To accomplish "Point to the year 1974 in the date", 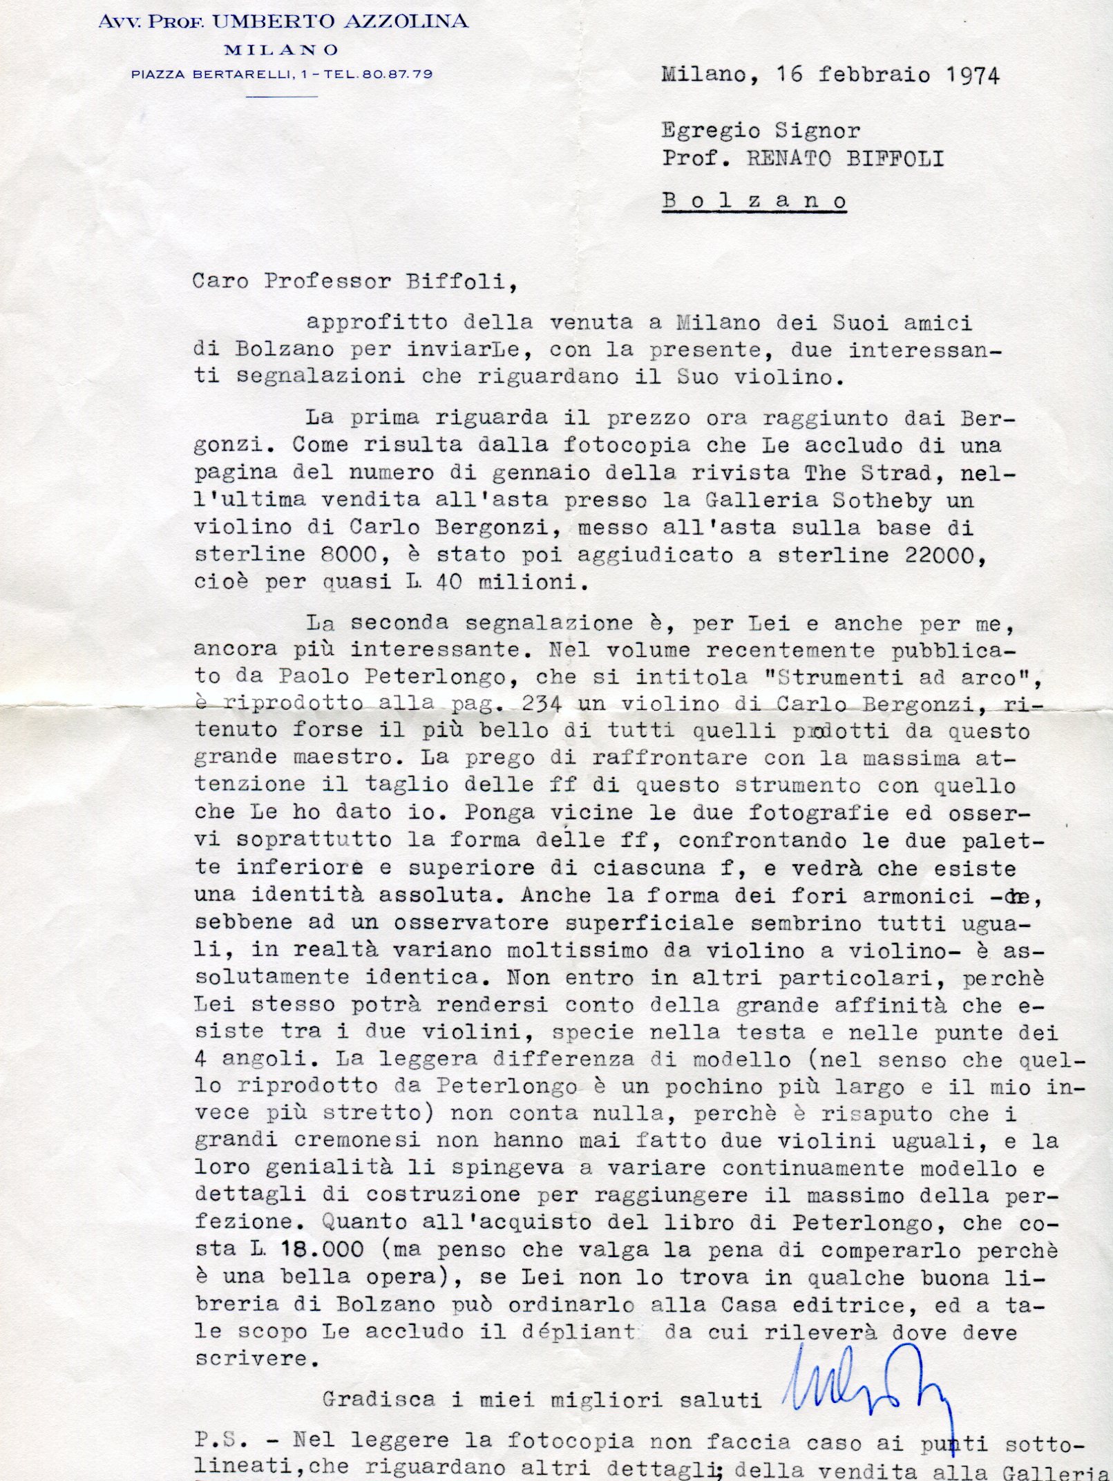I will click(973, 75).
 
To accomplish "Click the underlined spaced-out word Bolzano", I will click(754, 201).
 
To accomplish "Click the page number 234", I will click(542, 704).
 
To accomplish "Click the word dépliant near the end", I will click(578, 1331).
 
